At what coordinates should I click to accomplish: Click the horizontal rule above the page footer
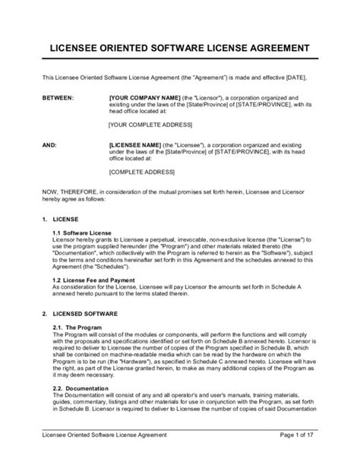pos(180,448)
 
